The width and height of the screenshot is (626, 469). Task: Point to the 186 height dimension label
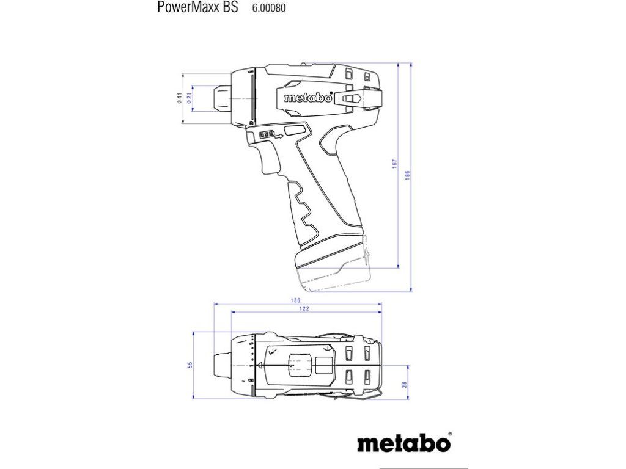point(407,175)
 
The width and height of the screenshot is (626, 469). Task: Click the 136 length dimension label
point(296,300)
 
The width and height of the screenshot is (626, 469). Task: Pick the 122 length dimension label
point(304,309)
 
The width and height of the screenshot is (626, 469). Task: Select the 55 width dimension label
point(190,365)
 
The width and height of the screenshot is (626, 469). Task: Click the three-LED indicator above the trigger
point(267,134)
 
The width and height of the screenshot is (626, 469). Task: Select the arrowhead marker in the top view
point(260,365)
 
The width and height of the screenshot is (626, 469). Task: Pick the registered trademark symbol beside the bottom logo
point(449,434)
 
